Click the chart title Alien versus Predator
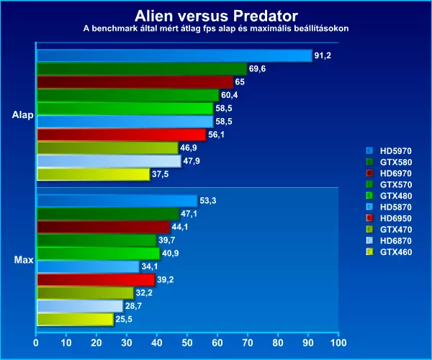coord(216,15)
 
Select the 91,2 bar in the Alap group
coord(173,55)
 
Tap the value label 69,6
coord(258,69)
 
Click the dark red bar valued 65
coord(135,82)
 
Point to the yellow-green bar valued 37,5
coord(93,174)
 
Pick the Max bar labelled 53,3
coord(116,201)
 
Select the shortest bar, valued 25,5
coord(75,319)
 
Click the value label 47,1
coord(191,214)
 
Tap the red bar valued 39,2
coord(95,279)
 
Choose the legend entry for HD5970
coord(392,150)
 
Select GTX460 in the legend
coord(392,251)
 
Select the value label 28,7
coord(135,306)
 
